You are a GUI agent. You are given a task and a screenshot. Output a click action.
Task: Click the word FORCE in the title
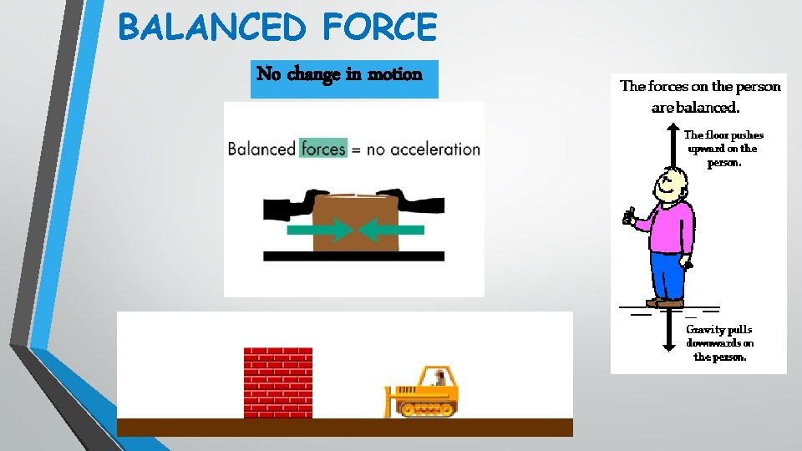378,27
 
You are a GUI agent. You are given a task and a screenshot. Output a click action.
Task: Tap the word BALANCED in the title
212,27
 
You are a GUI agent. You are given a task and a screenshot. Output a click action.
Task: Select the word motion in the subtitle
395,74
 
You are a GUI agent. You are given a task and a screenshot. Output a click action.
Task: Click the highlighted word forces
323,149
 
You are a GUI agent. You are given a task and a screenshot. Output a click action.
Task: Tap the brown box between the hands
355,221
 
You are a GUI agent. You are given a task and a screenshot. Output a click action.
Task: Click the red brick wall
278,383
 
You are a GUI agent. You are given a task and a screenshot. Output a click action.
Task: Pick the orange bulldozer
424,393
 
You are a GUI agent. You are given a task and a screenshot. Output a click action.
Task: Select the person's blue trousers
667,276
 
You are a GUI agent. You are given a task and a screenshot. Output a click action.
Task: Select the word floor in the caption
717,135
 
